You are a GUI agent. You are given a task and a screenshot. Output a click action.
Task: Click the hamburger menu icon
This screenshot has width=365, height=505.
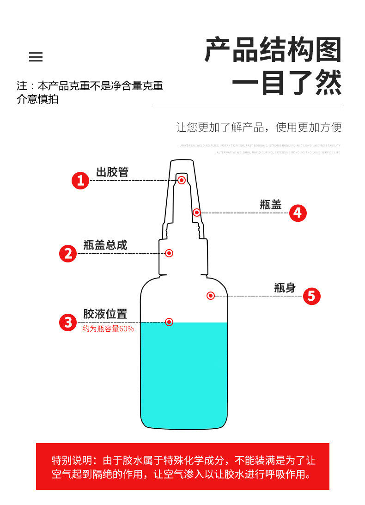click(36, 57)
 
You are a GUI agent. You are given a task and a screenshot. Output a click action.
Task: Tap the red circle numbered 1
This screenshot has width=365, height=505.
click(80, 180)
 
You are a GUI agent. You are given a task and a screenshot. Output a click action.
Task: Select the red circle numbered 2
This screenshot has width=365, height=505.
click(68, 253)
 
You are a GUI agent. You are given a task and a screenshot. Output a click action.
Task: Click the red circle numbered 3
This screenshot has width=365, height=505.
click(68, 322)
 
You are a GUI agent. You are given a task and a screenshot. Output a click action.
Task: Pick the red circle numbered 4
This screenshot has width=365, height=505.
click(298, 213)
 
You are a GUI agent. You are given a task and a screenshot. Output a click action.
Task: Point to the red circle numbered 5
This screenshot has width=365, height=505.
click(311, 296)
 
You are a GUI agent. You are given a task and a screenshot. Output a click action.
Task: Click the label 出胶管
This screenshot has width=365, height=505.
click(112, 172)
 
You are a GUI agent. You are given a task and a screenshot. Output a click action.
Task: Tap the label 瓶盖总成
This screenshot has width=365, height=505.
click(105, 245)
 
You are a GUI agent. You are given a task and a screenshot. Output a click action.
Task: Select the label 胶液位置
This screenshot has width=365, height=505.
click(105, 314)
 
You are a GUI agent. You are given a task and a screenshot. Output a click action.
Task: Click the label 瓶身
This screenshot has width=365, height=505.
click(285, 288)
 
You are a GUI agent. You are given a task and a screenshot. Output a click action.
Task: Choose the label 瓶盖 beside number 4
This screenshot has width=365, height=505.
click(271, 205)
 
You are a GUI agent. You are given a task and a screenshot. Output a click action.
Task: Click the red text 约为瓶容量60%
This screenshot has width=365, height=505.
click(108, 329)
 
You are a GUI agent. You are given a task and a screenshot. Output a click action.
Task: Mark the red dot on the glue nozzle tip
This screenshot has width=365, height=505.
click(182, 180)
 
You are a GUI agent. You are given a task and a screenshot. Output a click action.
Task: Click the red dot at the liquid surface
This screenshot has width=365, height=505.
click(169, 322)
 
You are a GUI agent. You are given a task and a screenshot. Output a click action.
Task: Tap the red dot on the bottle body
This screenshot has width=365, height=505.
click(211, 296)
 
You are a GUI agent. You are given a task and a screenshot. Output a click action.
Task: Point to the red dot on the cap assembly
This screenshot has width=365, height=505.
click(169, 253)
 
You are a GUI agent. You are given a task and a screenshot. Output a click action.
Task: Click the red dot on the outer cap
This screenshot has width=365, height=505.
click(197, 213)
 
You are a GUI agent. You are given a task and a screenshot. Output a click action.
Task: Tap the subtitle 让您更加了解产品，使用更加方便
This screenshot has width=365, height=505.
click(259, 128)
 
